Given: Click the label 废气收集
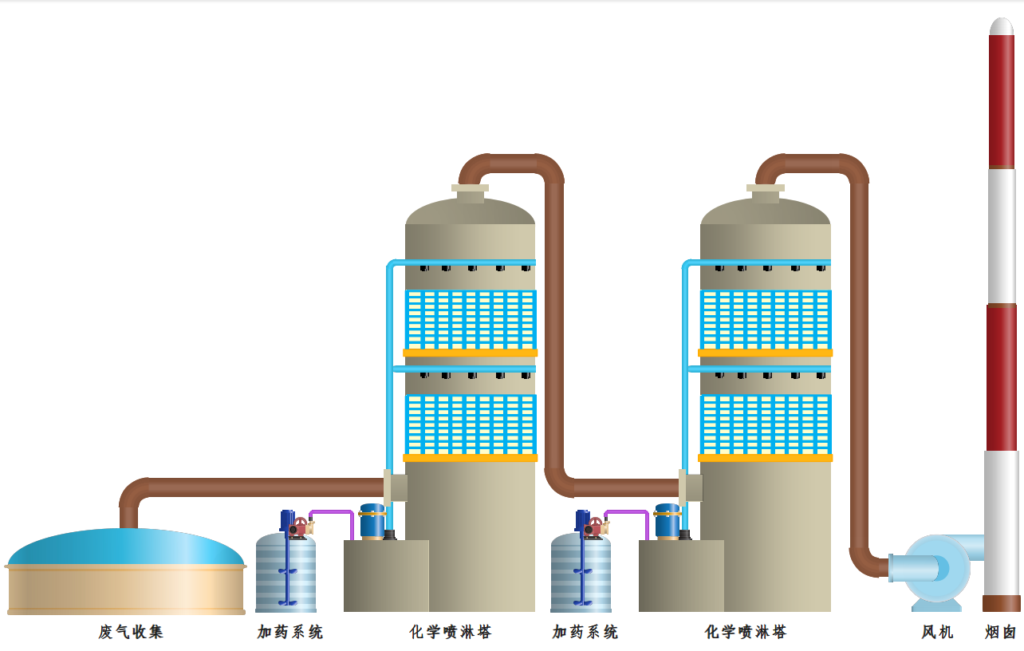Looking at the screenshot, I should point(131,632).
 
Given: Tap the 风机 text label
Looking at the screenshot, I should point(937,632).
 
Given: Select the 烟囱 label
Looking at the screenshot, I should point(1001,632).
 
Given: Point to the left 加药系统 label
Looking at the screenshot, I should point(290,632).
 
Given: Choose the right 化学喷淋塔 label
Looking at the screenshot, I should point(746,632).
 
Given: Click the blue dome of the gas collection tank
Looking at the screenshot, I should point(126,546).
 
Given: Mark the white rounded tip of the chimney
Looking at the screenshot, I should point(1002,26).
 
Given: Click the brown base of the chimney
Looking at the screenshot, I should point(1002,603).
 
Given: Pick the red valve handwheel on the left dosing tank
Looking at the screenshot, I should point(299,527).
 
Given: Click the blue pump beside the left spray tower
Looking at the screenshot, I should point(372,520).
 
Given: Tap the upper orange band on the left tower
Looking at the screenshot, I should point(470,353).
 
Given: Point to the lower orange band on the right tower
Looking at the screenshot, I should point(765,458).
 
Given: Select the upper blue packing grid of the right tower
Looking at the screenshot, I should point(766,319).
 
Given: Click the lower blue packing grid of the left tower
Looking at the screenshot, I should point(471,424).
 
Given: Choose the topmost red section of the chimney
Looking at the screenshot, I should point(1002,100).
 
